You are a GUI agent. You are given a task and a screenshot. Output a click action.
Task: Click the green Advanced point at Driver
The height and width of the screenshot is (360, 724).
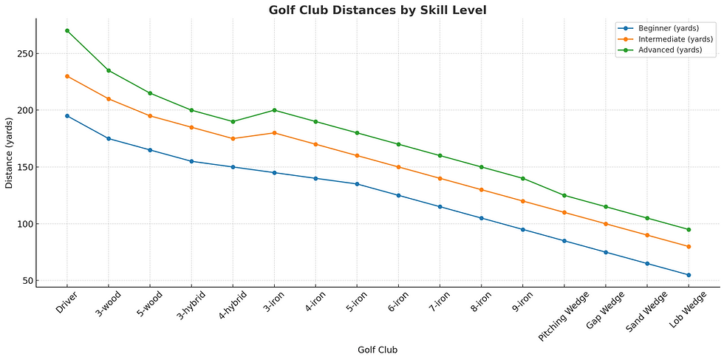[67, 30]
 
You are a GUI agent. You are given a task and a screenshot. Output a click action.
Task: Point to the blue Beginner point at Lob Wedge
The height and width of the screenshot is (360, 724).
[689, 275]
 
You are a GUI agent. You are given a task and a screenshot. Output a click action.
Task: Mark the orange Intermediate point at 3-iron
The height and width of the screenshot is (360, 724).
[274, 133]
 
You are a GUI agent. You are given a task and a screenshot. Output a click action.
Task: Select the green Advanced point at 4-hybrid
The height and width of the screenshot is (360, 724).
[233, 121]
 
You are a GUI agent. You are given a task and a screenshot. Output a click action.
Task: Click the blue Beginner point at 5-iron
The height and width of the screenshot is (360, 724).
[357, 184]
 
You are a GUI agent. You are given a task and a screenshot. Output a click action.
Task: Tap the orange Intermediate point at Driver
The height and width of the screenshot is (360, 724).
[67, 76]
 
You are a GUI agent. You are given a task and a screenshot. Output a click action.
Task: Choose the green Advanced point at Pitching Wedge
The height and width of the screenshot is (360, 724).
[564, 195]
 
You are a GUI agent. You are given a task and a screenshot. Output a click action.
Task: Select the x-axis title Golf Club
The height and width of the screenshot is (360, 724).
[378, 349]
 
